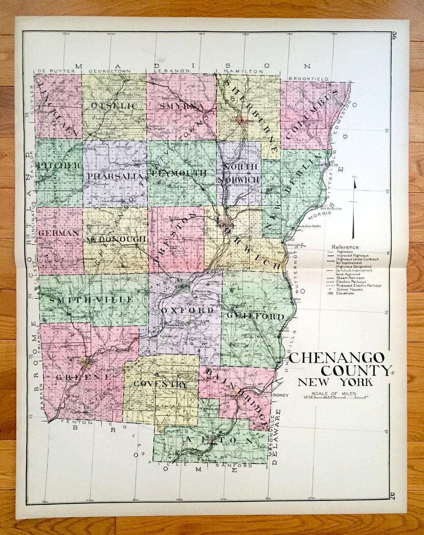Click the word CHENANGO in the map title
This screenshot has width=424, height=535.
point(337,357)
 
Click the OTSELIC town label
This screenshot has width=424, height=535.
point(114,106)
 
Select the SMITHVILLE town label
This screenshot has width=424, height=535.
point(91,300)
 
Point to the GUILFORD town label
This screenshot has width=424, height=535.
point(255,316)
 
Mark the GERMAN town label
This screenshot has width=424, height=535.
point(59,233)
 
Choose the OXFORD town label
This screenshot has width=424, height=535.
point(188,310)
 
